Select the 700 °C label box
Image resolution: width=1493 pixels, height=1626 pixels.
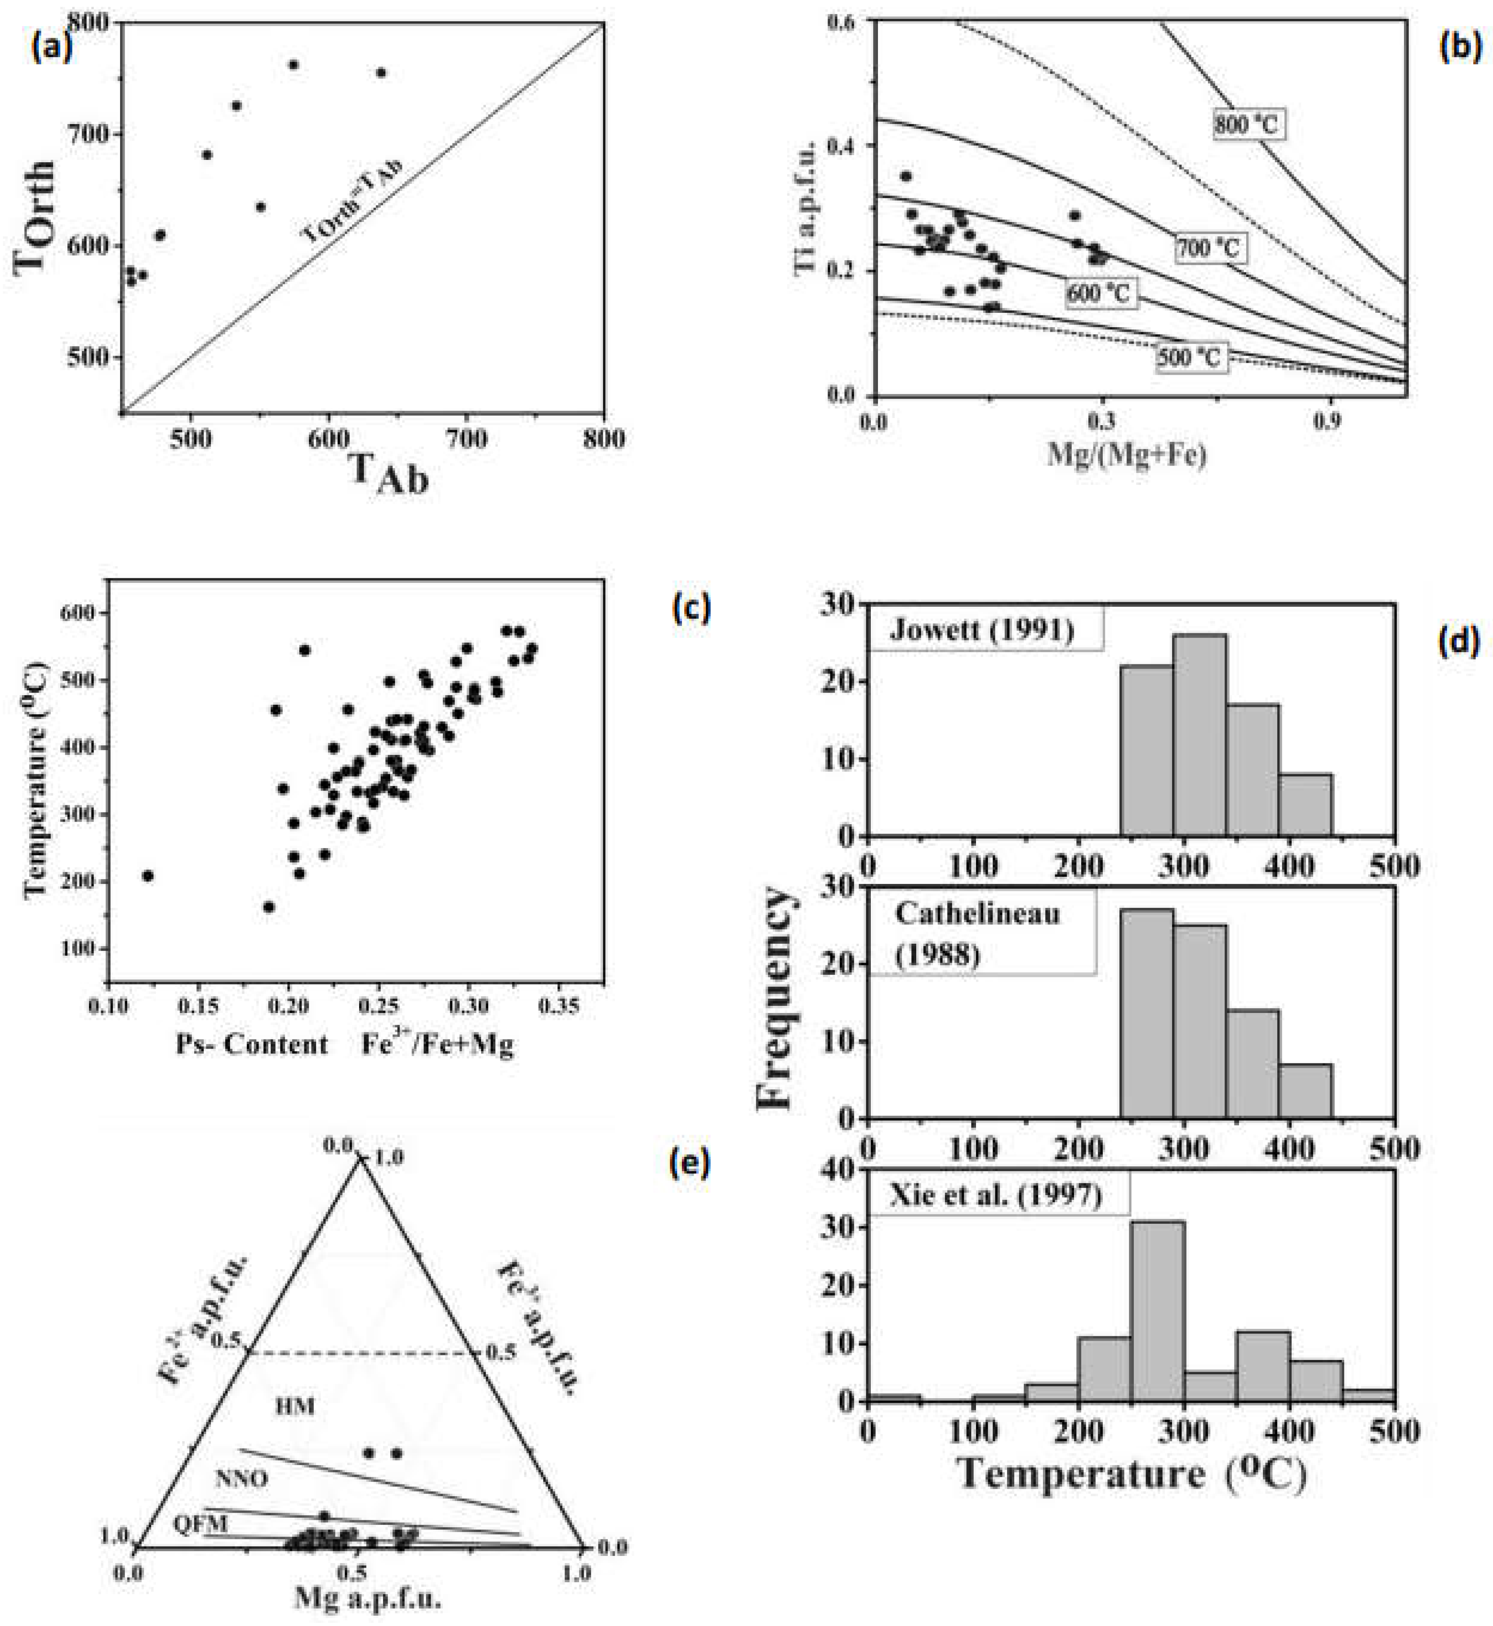pos(1208,248)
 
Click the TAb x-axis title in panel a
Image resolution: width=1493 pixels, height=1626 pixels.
pos(388,472)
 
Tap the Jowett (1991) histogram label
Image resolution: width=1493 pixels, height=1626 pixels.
pos(981,629)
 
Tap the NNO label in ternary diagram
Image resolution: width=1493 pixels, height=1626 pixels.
pos(241,1479)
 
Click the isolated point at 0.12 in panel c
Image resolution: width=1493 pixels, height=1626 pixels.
pos(147,875)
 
